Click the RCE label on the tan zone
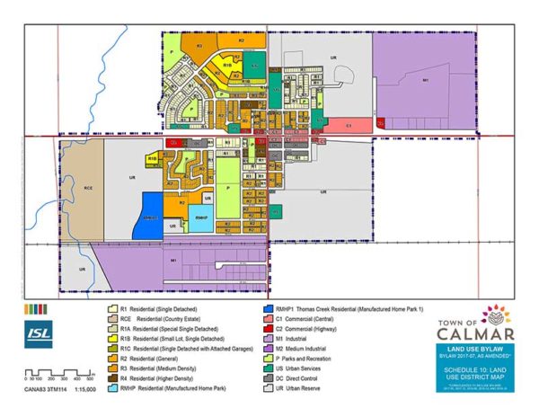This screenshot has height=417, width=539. click(89, 189)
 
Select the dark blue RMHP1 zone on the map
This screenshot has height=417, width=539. click(148, 216)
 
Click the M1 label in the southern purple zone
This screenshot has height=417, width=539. click(172, 260)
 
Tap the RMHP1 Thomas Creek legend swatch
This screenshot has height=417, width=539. click(264, 308)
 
